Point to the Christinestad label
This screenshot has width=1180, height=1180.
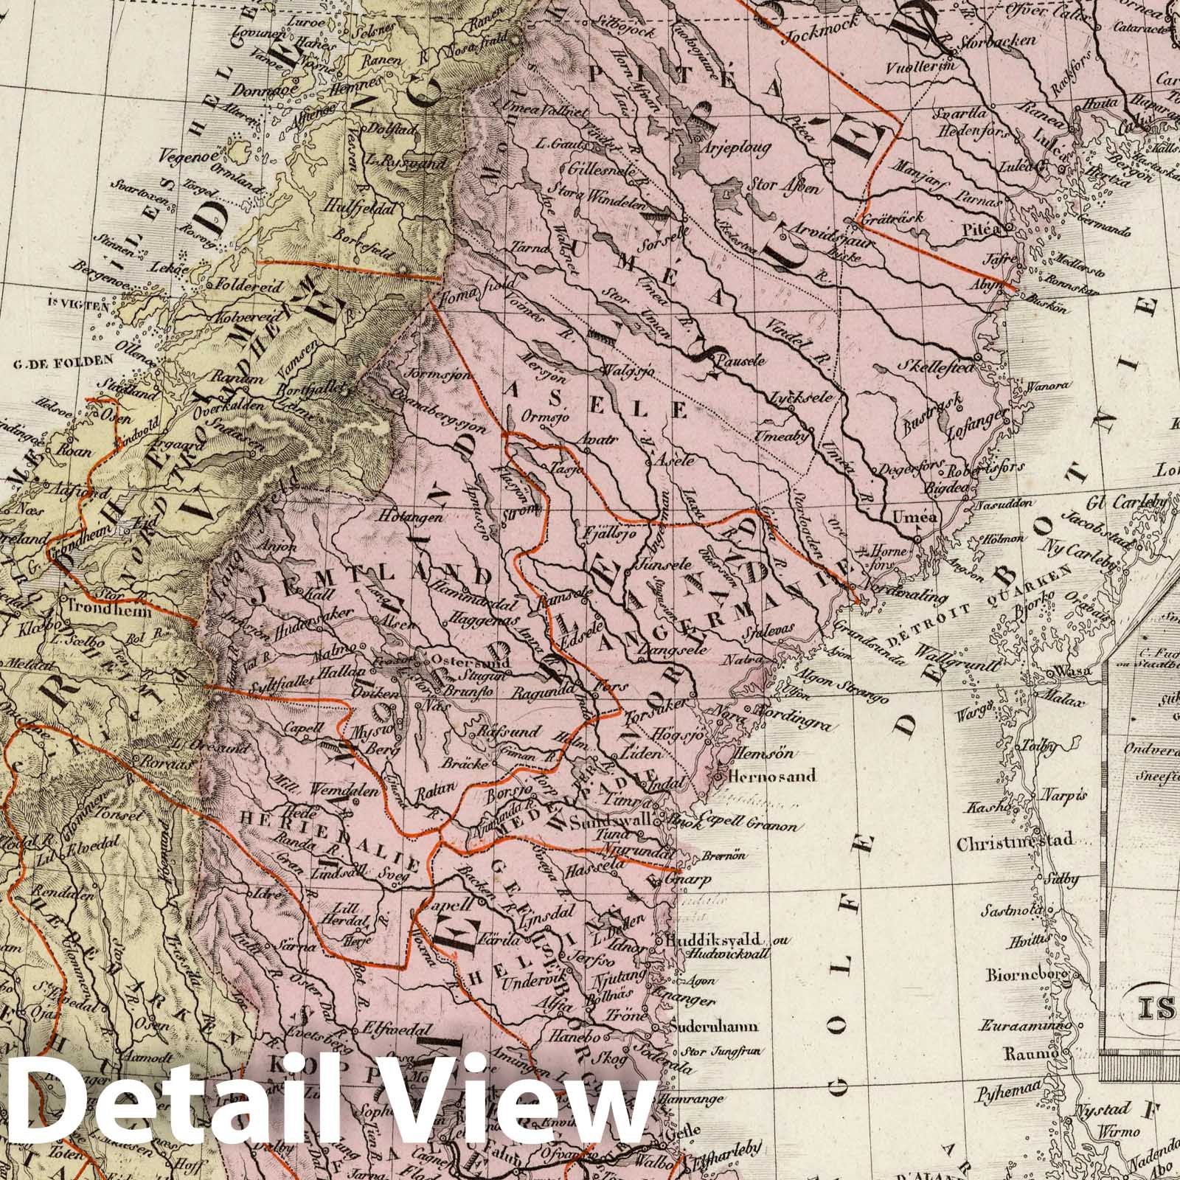(x=1015, y=843)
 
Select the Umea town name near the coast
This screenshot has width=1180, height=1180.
(x=914, y=517)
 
